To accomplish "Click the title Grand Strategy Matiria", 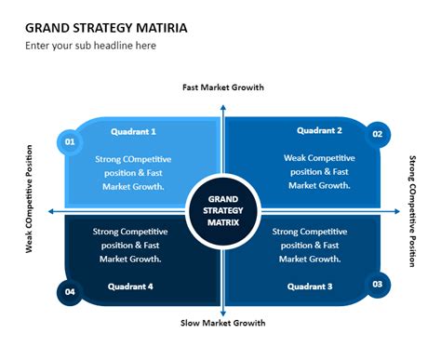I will coord(106,27).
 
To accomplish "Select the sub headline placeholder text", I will coord(90,46).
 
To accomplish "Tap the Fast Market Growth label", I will coord(222,87).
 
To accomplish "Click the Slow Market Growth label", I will coord(222,323).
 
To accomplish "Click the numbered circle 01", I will coord(68,142).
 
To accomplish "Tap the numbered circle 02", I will coord(377,134).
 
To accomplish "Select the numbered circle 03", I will coord(377,285).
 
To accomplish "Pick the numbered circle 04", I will coord(68,292).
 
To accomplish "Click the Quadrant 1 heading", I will coord(133,132).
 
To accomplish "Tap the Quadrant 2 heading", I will coord(319,130).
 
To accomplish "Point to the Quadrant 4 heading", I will coord(131,286).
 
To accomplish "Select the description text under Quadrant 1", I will coord(129,172).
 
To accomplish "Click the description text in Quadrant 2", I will coord(317,171).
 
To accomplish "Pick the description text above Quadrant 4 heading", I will coord(127,245).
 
